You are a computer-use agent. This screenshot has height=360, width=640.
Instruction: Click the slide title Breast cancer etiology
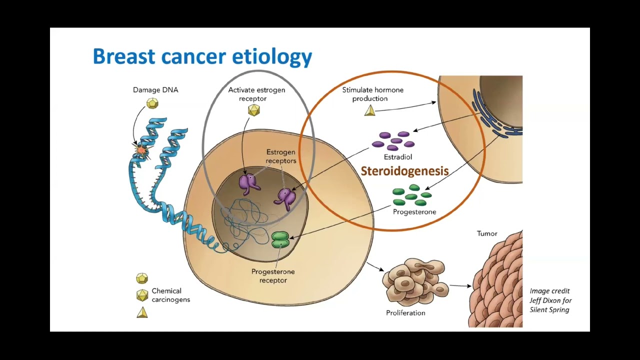pos(202,56)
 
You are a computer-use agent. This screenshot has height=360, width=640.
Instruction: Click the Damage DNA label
pos(155,90)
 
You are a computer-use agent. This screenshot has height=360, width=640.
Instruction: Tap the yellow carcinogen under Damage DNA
pos(152,103)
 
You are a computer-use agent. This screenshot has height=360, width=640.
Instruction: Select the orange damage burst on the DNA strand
pos(141,149)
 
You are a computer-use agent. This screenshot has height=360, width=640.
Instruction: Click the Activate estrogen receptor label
pos(256,94)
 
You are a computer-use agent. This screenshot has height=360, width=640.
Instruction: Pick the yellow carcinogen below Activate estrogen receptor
pos(254,110)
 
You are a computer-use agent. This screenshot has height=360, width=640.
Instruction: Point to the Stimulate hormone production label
pos(372,94)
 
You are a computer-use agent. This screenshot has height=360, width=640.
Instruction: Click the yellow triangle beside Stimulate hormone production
pos(370,110)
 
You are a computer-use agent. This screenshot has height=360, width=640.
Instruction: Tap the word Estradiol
pos(397,157)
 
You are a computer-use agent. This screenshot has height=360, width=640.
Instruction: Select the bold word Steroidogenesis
pos(404,171)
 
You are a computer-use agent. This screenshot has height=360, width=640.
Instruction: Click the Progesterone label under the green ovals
pos(414,212)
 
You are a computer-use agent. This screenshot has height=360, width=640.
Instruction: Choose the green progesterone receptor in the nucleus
pos(280,239)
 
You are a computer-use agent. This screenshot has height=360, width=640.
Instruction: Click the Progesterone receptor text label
pos(273,276)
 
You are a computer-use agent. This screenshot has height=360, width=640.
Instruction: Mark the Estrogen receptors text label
pos(281,156)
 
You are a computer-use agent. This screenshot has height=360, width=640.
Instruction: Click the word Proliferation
pos(405,313)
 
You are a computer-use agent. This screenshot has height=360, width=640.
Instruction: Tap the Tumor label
pos(486,233)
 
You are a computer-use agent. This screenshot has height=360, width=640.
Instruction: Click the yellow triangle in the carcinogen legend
pos(142,312)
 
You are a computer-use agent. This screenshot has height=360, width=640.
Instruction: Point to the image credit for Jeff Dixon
pos(550,300)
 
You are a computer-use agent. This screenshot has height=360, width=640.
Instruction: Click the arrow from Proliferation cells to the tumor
pos(460,286)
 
